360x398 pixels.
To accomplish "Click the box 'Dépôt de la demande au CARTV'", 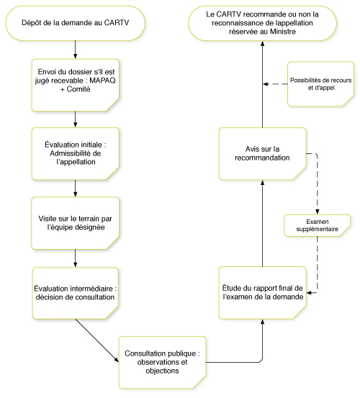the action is point(76,23).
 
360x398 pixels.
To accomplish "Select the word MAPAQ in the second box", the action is point(102,81).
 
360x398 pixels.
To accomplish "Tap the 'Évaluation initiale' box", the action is point(76,154).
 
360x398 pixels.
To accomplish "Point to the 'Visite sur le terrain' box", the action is point(76,223).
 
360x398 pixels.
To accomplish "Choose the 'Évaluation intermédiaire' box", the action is point(76,293).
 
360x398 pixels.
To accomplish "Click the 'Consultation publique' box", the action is point(163,363).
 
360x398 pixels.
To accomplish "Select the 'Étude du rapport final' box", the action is point(263,293).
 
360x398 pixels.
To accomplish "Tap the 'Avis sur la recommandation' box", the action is point(263,154).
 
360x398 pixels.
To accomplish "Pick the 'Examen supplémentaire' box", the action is point(318,225).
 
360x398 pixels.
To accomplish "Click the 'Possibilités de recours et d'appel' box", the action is point(320,84).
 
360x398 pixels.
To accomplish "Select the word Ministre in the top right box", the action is point(283,32).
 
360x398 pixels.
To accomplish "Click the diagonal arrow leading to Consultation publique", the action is point(97,340).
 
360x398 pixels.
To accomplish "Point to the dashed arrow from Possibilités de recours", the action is point(275,84).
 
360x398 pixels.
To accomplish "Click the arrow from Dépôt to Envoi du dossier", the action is point(75,50).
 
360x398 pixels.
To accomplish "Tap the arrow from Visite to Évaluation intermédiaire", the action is point(75,258).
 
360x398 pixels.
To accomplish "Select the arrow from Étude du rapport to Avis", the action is point(263,223).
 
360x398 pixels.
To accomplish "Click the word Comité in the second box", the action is point(78,89).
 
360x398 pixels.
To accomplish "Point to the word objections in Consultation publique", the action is point(162,371).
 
